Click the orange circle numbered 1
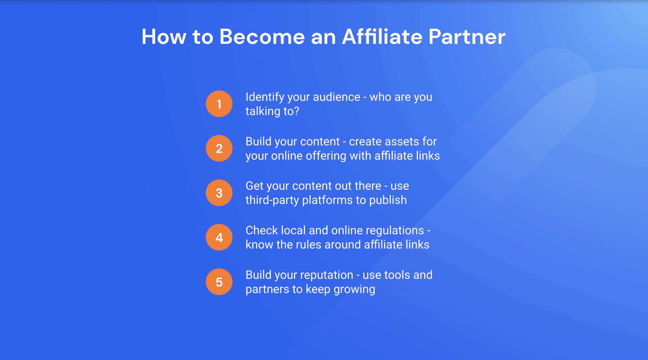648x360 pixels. tap(219, 104)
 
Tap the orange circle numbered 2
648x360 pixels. tap(219, 148)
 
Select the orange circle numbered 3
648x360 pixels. tap(219, 193)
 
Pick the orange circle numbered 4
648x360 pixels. tap(219, 237)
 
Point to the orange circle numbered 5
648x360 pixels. tap(219, 282)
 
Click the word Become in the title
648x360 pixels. tap(262, 37)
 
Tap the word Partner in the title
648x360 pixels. tap(467, 37)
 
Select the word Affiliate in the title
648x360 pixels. tap(382, 37)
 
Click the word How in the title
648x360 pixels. tap(164, 37)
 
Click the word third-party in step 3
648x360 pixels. tap(272, 201)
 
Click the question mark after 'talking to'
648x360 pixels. tap(296, 111)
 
